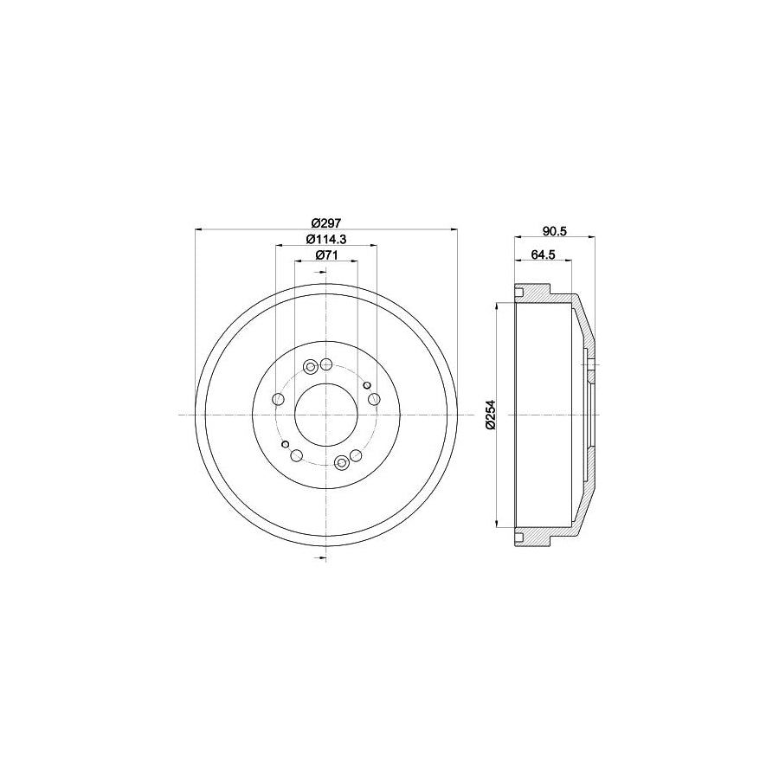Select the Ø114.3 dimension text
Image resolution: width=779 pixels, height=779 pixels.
325,239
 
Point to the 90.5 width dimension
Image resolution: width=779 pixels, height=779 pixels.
554,230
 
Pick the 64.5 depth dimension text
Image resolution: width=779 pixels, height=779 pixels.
542,254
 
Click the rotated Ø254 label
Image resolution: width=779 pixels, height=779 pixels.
489,415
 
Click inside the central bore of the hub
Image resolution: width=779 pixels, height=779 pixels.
325,415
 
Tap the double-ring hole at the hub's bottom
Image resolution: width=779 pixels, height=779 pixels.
341,464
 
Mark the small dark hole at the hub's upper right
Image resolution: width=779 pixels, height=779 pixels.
367,384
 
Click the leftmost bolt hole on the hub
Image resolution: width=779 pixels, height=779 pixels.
278,399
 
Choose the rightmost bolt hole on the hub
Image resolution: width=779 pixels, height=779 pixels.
374,399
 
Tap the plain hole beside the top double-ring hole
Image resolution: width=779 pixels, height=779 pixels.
326,364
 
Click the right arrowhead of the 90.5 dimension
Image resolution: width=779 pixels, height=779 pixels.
590,236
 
